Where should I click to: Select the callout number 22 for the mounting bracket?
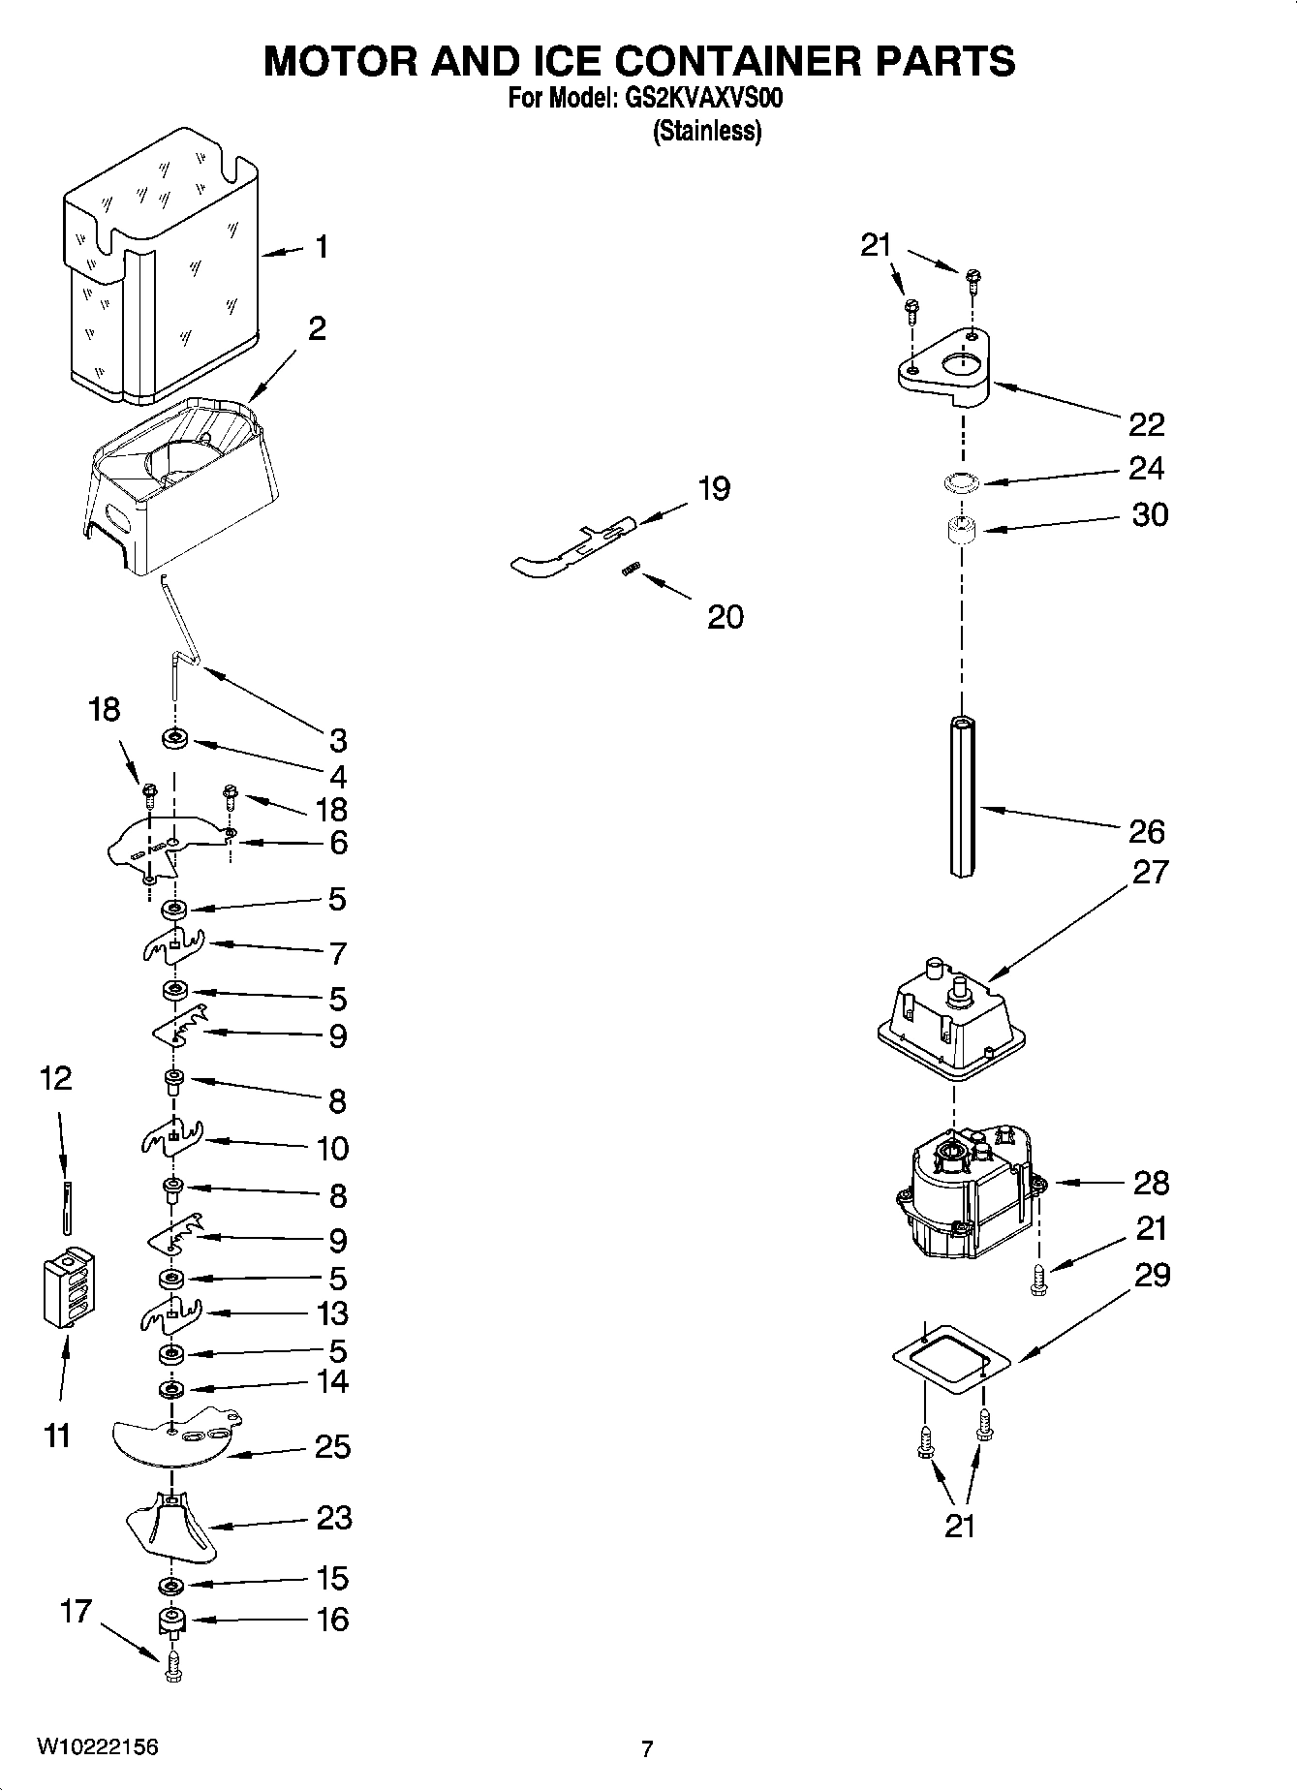pyautogui.click(x=1146, y=424)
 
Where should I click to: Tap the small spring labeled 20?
pyautogui.click(x=632, y=572)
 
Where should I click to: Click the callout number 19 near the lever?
pyautogui.click(x=714, y=489)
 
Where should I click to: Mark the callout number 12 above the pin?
pyautogui.click(x=56, y=1078)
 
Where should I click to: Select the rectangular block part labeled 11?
pyautogui.click(x=68, y=1288)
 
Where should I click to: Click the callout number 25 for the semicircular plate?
pyautogui.click(x=332, y=1447)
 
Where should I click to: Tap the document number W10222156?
pyautogui.click(x=97, y=1746)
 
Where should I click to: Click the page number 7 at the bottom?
pyautogui.click(x=647, y=1748)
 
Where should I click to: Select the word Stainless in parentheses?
pyautogui.click(x=707, y=131)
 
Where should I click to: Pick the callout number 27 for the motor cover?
pyautogui.click(x=1150, y=872)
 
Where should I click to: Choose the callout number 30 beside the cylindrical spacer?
pyautogui.click(x=1150, y=515)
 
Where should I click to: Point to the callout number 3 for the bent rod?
pyautogui.click(x=337, y=741)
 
